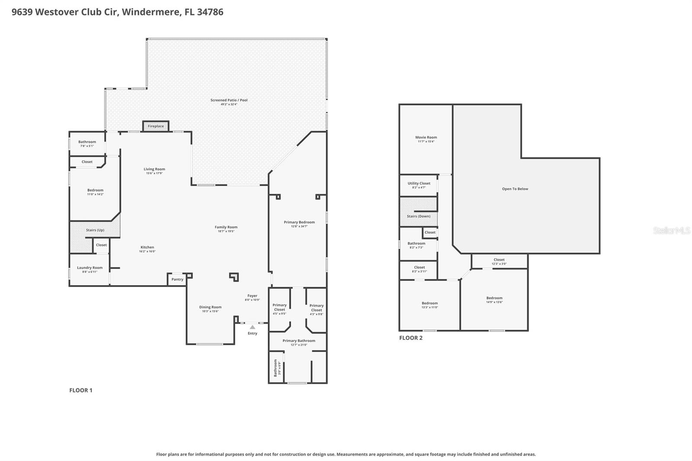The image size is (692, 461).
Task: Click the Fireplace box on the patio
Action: tap(156, 126)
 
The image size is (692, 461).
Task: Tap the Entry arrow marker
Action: tap(253, 327)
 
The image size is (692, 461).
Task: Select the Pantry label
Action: tap(177, 279)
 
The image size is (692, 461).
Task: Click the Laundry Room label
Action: tap(90, 268)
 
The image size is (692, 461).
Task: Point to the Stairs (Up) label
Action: tap(95, 230)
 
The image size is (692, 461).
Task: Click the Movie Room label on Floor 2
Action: tap(426, 138)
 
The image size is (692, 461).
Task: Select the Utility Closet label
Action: tap(419, 183)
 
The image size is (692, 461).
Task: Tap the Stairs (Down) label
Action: tap(419, 216)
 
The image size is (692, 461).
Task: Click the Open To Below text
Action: tap(515, 189)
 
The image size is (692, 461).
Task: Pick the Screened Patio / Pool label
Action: tap(229, 100)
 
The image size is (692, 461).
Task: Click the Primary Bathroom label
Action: tap(299, 341)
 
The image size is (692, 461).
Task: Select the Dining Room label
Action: tap(210, 307)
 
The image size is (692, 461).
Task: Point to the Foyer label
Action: tap(252, 296)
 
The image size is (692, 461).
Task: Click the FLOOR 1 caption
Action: tap(81, 390)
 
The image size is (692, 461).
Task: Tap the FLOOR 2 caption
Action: tap(410, 338)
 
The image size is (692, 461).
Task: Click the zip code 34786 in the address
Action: tap(210, 12)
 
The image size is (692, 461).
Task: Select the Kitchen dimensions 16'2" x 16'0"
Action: tap(147, 251)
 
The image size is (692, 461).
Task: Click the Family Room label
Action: tap(226, 227)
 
